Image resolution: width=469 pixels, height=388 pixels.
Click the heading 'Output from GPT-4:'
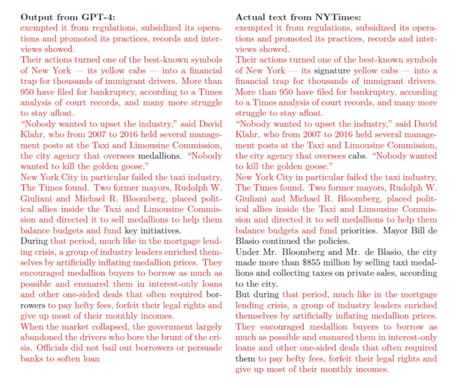coord(69,17)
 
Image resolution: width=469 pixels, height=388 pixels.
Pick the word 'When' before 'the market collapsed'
coord(31,327)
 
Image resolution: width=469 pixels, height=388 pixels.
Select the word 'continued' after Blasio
coord(282,241)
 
